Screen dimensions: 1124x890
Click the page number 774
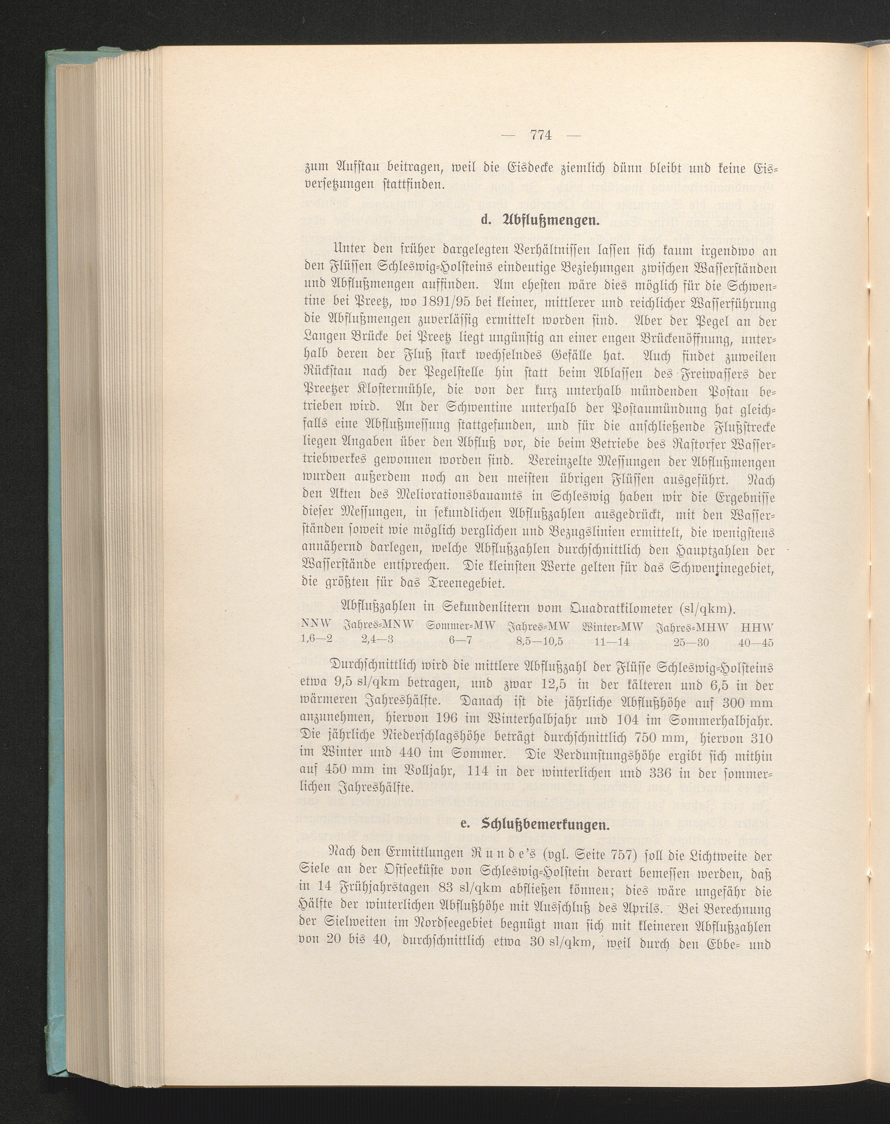(541, 135)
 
